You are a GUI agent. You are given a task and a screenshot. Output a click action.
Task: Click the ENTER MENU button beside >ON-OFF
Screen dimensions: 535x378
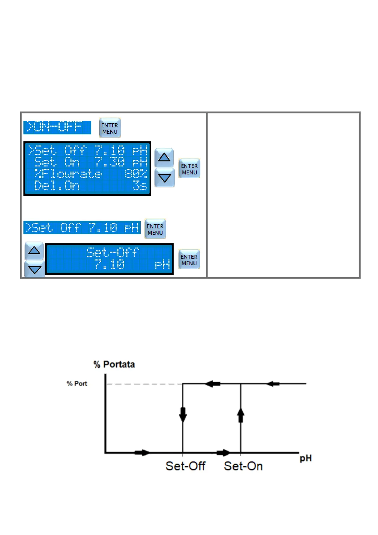pos(110,128)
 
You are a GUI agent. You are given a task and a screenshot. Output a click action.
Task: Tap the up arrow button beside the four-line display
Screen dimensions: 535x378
pos(164,157)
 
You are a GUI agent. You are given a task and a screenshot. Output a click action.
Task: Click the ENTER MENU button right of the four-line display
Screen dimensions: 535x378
pos(189,169)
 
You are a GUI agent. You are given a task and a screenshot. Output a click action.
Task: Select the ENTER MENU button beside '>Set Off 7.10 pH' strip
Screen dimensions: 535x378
pos(155,229)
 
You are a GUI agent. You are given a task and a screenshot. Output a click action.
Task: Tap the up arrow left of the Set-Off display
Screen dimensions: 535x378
pos(34,251)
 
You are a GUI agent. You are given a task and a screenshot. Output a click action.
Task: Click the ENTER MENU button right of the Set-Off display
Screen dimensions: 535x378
pos(189,260)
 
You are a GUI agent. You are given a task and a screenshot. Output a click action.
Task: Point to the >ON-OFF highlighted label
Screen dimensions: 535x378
pos(57,127)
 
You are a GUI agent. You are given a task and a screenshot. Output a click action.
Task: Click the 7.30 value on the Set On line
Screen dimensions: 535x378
pos(110,162)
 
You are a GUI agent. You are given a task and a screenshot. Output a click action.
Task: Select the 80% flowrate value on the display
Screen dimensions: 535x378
pos(136,174)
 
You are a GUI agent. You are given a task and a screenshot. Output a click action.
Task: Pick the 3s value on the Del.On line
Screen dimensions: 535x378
pos(140,186)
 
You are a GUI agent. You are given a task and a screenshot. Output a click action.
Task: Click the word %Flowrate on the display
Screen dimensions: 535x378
pos(68,174)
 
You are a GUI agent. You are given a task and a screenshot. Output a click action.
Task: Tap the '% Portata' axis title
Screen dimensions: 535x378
pos(114,364)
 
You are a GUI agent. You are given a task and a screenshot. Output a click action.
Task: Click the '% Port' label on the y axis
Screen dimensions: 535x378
pos(77,383)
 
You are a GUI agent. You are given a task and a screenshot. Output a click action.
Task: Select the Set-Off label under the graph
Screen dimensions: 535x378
pos(185,466)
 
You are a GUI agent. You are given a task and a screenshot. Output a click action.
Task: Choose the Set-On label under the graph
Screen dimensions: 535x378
pos(243,466)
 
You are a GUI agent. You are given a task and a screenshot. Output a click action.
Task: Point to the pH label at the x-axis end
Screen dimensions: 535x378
pos(306,458)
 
